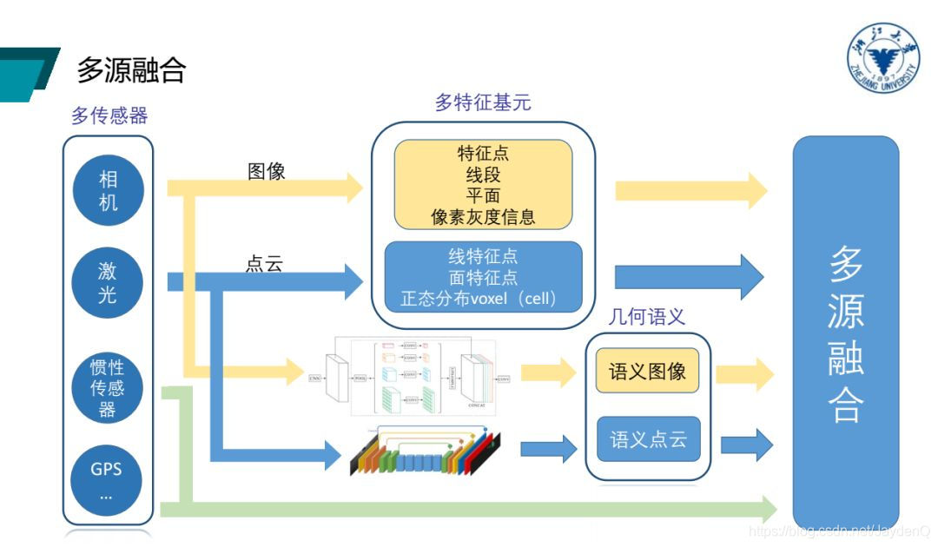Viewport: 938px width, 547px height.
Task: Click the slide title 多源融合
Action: (x=131, y=70)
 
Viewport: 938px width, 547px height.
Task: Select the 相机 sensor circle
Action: (x=108, y=191)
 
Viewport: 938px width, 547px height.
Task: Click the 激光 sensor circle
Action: (x=108, y=283)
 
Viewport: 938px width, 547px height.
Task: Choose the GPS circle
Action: (x=108, y=480)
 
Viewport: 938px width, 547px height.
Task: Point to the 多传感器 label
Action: (x=109, y=115)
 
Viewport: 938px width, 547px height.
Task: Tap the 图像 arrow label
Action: (x=266, y=171)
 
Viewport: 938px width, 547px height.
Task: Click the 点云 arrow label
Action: (x=264, y=265)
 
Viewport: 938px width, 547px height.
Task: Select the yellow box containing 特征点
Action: (x=483, y=185)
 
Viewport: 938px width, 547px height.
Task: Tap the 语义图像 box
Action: (x=648, y=372)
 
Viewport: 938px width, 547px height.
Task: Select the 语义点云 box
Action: (x=648, y=439)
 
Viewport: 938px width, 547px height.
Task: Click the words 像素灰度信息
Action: (x=483, y=217)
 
